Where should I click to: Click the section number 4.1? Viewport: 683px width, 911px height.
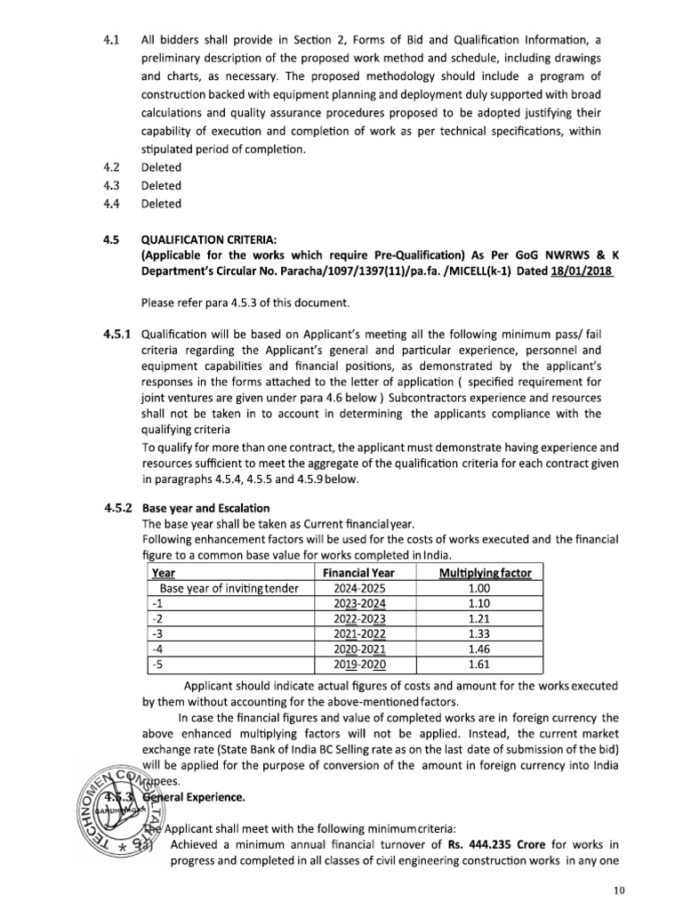[111, 40]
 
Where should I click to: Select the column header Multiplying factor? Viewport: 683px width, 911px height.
[485, 573]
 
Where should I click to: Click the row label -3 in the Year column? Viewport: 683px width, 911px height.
[158, 633]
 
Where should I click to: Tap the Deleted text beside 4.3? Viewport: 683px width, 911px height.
[161, 186]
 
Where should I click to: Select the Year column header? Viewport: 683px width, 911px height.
[163, 573]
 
